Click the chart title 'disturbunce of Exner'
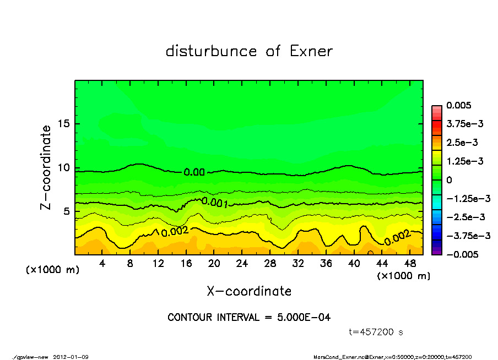pyautogui.click(x=249, y=51)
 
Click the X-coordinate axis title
pyautogui.click(x=249, y=291)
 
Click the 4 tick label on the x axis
pyautogui.click(x=102, y=264)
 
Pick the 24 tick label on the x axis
pyautogui.click(x=242, y=264)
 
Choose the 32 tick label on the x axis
pyautogui.click(x=298, y=264)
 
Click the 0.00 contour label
pyautogui.click(x=194, y=172)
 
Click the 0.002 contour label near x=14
pyautogui.click(x=175, y=231)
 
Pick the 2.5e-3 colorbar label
pyautogui.click(x=462, y=143)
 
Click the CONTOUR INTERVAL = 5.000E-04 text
pyautogui.click(x=249, y=318)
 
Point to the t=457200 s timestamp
pyautogui.click(x=376, y=332)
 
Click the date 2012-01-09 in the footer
pyautogui.click(x=71, y=357)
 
